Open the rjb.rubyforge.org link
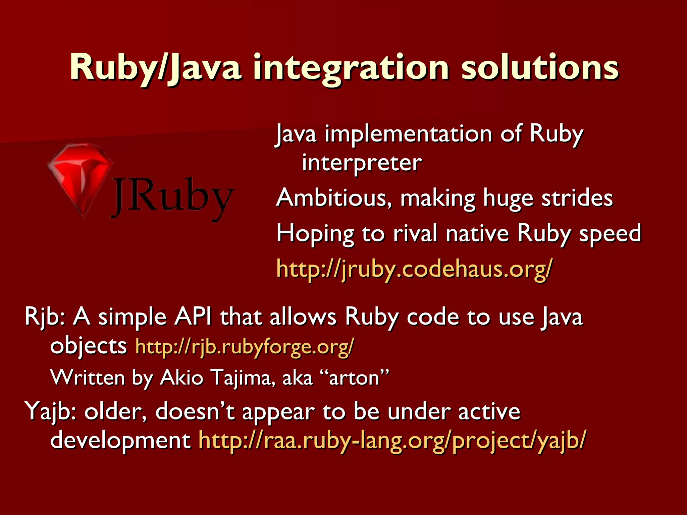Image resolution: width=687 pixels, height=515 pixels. (245, 347)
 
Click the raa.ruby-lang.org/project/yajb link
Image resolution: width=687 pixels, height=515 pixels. (392, 440)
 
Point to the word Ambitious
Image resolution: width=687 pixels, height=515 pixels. (334, 198)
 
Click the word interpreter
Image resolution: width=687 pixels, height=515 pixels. (362, 163)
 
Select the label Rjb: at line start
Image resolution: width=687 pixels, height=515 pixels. (45, 317)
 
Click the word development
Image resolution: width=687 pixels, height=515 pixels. (120, 440)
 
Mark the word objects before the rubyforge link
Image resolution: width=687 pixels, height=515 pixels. (88, 347)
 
